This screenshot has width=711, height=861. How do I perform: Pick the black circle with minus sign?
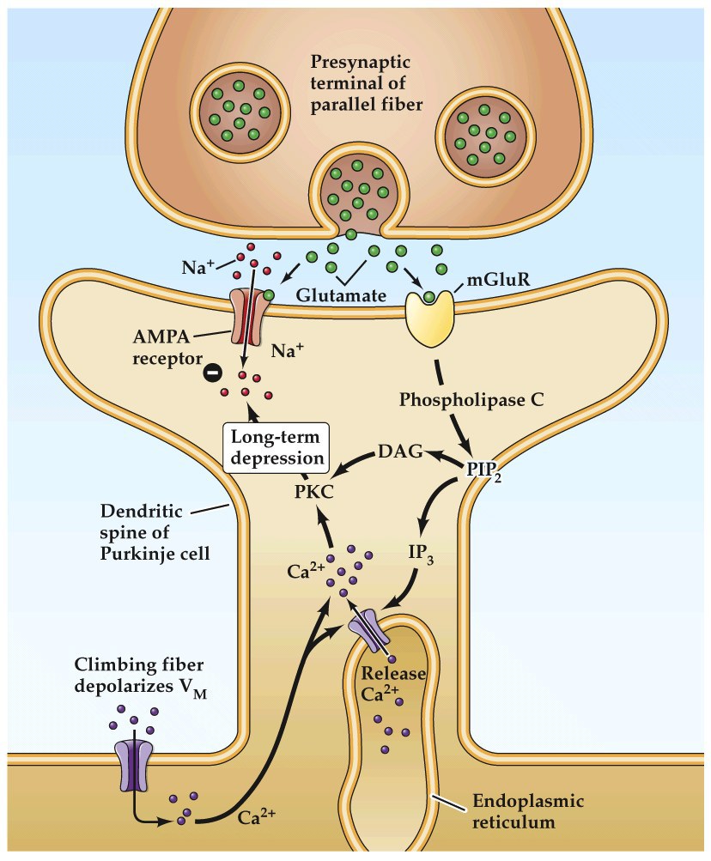tap(210, 373)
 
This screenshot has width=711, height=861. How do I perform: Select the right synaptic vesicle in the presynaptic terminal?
tap(483, 130)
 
